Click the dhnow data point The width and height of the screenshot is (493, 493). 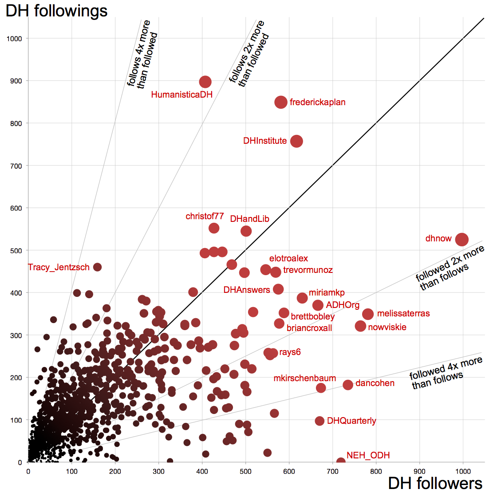coord(461,240)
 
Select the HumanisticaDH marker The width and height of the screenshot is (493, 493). coord(205,82)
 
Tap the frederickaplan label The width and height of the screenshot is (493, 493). coord(317,103)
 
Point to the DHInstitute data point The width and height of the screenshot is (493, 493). coord(296,141)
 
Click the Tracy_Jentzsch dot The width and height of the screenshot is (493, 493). coord(97,267)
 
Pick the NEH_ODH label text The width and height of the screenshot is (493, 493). coord(368,455)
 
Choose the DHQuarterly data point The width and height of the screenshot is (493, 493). coord(319,421)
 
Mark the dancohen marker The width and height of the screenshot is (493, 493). coord(348,385)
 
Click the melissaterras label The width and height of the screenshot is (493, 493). coord(403,314)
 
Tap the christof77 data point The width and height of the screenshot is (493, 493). coord(214,228)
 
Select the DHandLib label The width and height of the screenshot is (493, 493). coord(249,219)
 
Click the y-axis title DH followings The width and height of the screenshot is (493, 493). coord(56,11)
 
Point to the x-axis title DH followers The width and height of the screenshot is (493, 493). coord(435,484)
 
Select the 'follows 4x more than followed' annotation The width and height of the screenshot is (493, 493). coord(142,54)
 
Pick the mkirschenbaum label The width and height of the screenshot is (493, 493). coord(304,379)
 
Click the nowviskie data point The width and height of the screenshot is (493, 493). coord(360,326)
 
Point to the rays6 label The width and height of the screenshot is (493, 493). coord(290,352)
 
